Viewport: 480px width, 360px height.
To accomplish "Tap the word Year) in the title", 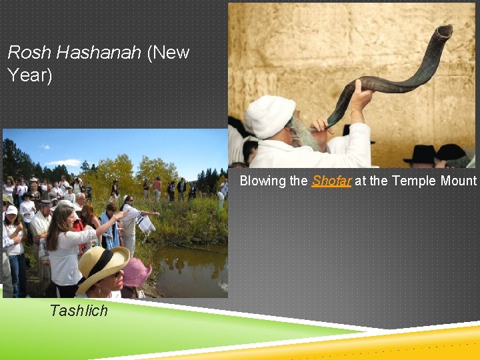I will pos(29,75).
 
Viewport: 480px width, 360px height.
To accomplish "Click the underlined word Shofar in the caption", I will pos(331,181).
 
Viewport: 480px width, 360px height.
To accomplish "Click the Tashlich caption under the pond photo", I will pos(79,311).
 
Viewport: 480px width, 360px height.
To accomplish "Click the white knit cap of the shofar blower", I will pos(269,116).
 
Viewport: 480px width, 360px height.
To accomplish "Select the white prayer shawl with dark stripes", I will pos(145,224).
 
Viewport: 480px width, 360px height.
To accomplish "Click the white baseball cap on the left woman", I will pos(11,210).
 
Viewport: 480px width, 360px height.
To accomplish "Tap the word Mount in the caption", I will pos(460,181).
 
